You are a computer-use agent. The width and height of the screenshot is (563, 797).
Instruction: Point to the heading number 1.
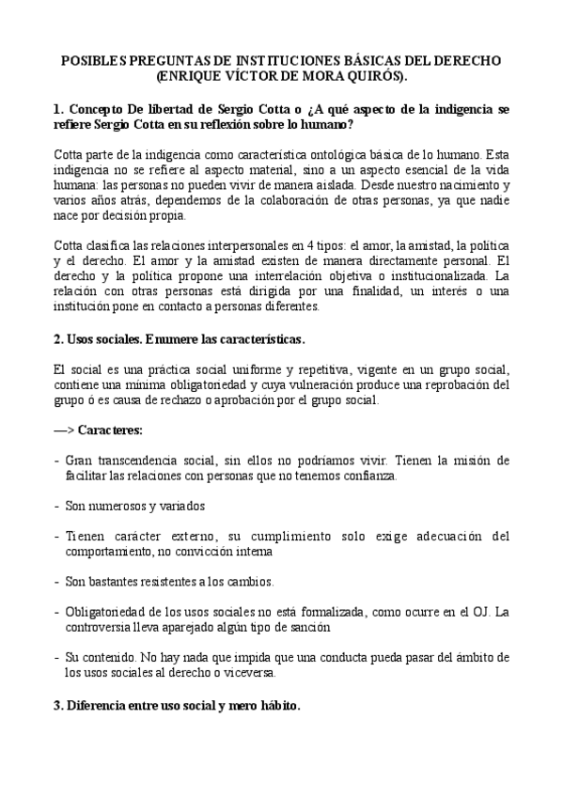click(x=58, y=109)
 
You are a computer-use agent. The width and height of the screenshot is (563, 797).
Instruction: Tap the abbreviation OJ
click(x=474, y=612)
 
